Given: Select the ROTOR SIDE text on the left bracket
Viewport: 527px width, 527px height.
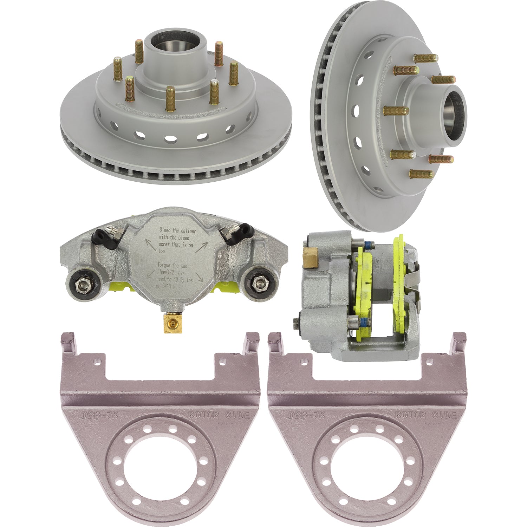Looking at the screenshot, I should pos(219,415).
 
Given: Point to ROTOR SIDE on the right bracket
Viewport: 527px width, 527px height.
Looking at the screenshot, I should pos(425,415).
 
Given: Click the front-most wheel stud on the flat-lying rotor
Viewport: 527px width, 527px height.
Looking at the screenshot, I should pos(170,99).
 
